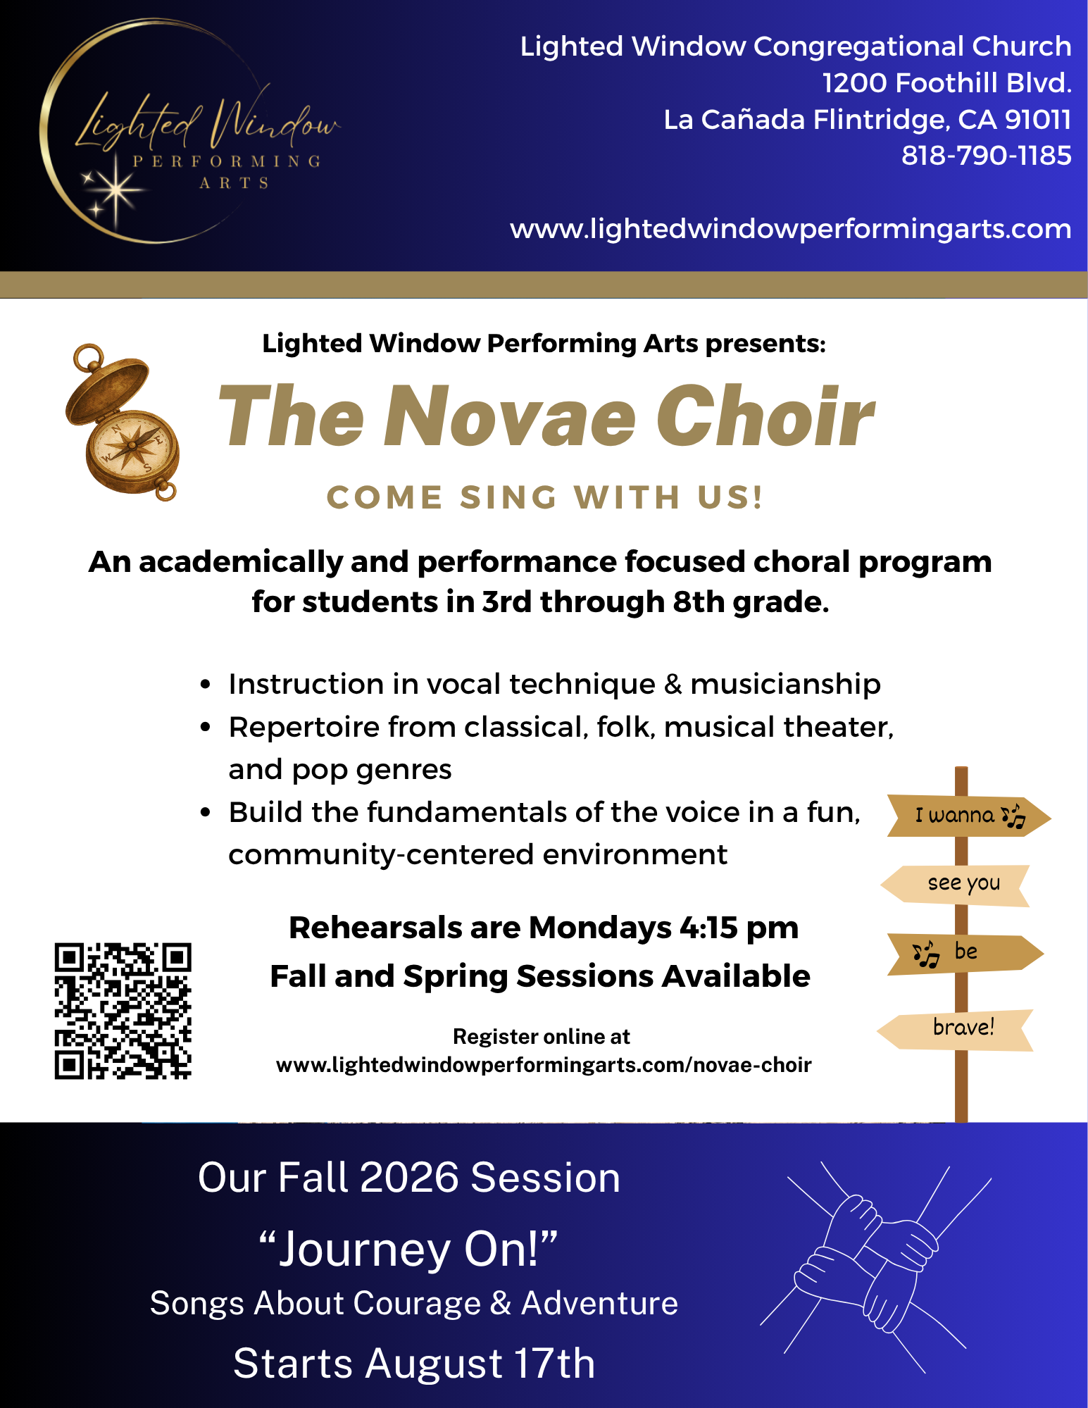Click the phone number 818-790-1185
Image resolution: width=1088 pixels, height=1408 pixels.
coord(987,156)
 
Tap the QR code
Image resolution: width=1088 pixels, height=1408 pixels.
coord(123,1011)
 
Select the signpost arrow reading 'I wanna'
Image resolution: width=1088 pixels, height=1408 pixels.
coord(969,816)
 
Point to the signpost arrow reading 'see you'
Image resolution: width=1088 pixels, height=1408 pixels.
coord(956,885)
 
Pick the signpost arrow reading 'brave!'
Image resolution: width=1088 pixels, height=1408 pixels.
coord(955,1030)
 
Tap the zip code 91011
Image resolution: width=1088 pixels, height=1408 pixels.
coord(1038,120)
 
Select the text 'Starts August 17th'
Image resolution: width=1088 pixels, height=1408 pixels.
coord(414,1363)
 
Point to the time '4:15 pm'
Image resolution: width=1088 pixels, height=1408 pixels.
coord(739,928)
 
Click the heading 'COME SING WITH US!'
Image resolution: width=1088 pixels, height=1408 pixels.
coord(545,497)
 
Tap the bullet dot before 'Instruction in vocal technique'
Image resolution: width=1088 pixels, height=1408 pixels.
coord(206,685)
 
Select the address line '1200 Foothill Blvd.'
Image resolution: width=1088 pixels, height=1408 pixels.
coord(947,83)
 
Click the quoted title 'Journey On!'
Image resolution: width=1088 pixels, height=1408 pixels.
coord(408,1249)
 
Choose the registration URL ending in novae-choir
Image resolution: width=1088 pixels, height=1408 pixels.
coord(544,1064)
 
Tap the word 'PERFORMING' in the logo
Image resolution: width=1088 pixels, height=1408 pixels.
coord(227,161)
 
